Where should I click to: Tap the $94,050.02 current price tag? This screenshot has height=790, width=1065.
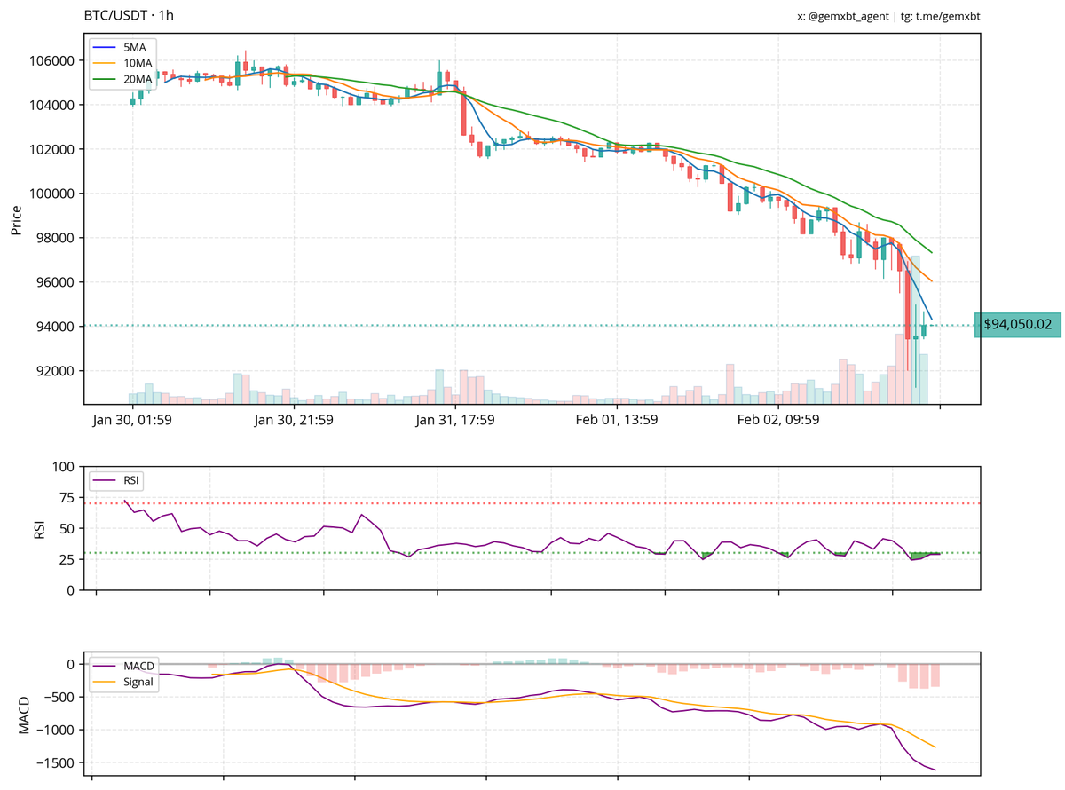pos(1017,325)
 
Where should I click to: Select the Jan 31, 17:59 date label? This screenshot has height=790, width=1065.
pos(455,420)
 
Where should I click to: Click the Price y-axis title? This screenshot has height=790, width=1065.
pos(16,219)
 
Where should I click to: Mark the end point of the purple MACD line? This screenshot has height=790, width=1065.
pos(935,770)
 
